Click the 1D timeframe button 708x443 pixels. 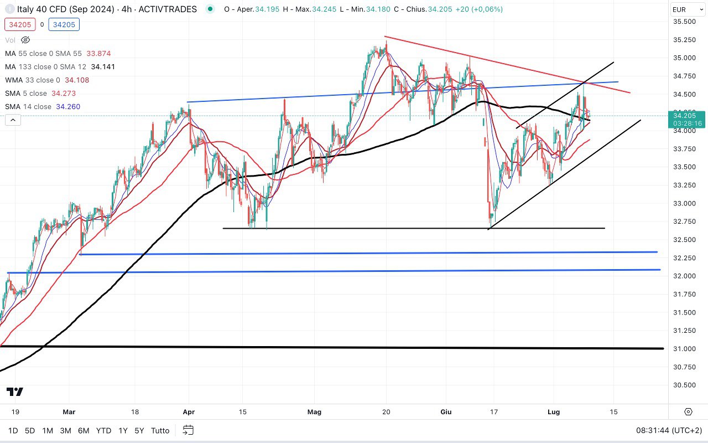(13, 430)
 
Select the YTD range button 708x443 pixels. (103, 430)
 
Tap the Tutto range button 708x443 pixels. (160, 430)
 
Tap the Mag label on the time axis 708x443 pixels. (314, 412)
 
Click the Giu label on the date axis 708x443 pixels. (446, 412)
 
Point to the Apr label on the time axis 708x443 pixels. (189, 412)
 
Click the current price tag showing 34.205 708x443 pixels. (685, 116)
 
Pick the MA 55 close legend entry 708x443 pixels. (43, 53)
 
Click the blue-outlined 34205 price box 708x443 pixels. (64, 24)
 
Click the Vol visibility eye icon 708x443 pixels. (25, 40)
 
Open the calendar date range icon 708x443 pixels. (188, 430)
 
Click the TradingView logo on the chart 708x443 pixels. (15, 392)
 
